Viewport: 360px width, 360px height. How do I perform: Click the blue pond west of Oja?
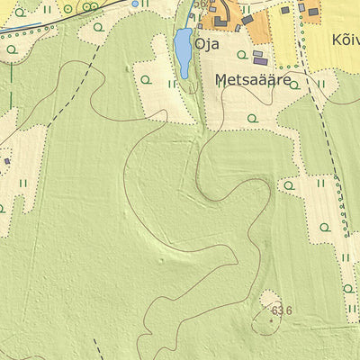tap(183, 52)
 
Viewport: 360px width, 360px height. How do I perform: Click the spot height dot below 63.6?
tap(271, 319)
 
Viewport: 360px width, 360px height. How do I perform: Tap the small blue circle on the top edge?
tap(135, 4)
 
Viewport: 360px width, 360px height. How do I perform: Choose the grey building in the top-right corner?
tap(312, 12)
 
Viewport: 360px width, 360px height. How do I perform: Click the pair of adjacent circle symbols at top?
tap(89, 6)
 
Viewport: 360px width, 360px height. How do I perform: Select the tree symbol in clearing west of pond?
tap(145, 80)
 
